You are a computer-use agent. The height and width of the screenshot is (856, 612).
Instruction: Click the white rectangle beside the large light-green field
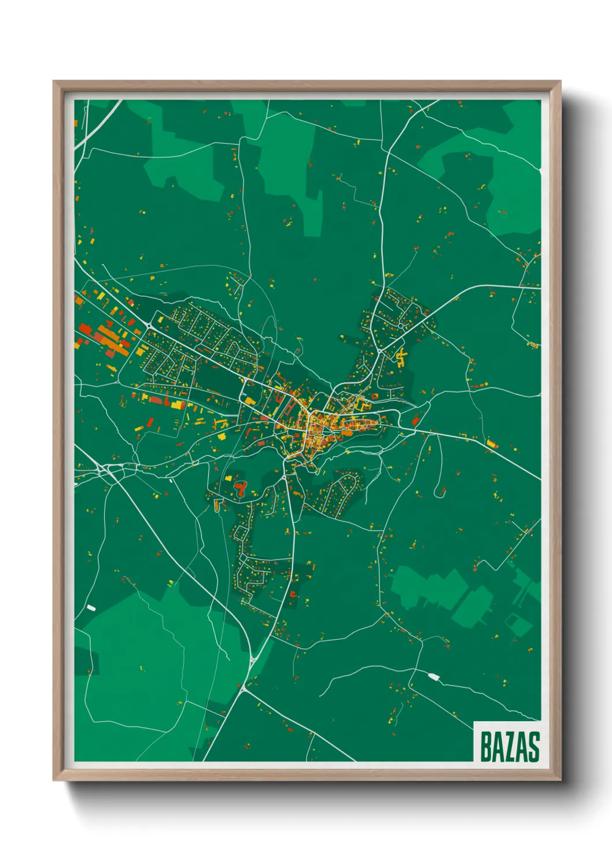pos(90,607)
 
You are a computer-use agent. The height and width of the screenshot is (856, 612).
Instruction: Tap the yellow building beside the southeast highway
pos(492,444)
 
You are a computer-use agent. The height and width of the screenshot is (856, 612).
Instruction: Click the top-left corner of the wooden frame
pos(54,82)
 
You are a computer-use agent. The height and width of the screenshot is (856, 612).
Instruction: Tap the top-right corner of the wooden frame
pos(561,82)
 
